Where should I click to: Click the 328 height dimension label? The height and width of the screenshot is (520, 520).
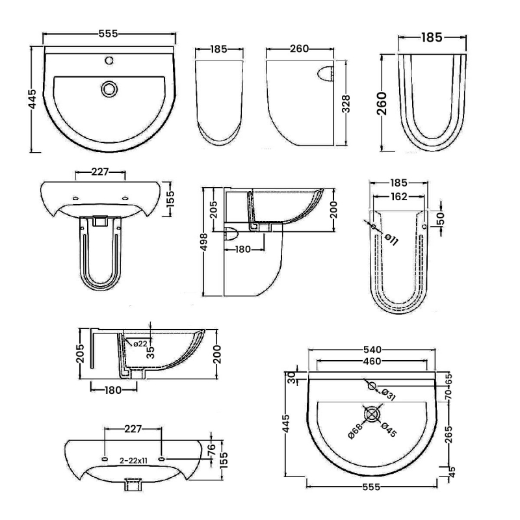point(346,105)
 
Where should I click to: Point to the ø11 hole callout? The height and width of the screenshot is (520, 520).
point(391,239)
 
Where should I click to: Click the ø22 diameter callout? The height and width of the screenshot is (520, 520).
point(140,344)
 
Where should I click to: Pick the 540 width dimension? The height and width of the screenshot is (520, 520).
point(372,350)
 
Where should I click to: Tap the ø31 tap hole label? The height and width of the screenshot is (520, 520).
point(388,394)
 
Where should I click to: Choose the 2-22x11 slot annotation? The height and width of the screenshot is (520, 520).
point(134,460)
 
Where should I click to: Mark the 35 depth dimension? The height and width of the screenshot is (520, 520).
point(150,352)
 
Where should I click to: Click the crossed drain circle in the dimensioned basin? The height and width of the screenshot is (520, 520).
point(372,414)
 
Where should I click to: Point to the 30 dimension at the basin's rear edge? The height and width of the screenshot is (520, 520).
point(291,376)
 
